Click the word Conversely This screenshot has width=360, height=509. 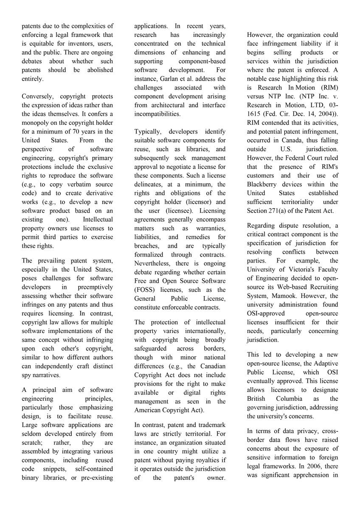click(x=38, y=97)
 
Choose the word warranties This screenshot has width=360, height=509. click(x=209, y=228)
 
